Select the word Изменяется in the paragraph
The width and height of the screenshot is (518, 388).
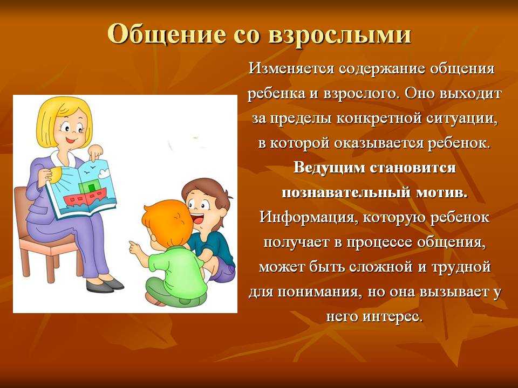tap(291, 68)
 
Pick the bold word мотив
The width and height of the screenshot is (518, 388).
tap(442, 192)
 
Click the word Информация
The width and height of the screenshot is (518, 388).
tap(306, 218)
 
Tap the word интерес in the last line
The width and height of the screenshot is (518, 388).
tap(393, 317)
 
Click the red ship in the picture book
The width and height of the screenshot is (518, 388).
tap(85, 196)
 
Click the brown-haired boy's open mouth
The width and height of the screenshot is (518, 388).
tap(199, 219)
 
